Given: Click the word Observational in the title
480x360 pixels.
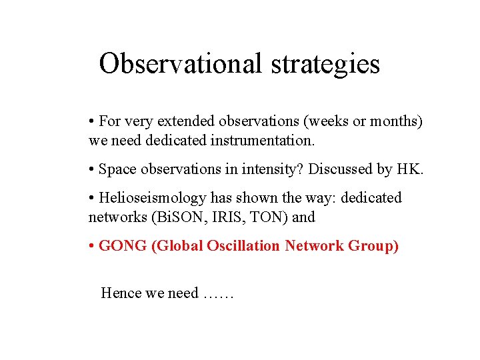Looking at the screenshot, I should tap(181, 64).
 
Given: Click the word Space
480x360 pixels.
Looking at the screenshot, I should tap(116, 169).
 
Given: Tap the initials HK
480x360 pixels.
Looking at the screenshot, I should tap(409, 169).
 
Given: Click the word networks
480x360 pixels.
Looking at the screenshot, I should tap(115, 217).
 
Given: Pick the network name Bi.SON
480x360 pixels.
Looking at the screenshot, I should tap(173, 217).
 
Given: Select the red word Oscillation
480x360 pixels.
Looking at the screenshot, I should tap(244, 246).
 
